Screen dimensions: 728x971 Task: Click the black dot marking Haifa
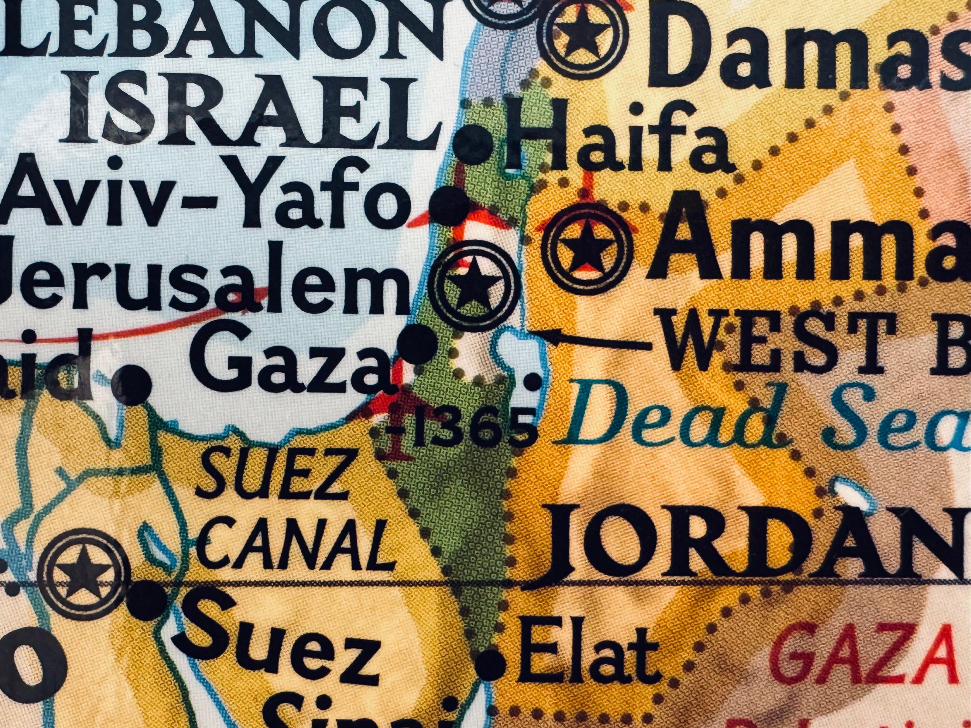click(x=473, y=145)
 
